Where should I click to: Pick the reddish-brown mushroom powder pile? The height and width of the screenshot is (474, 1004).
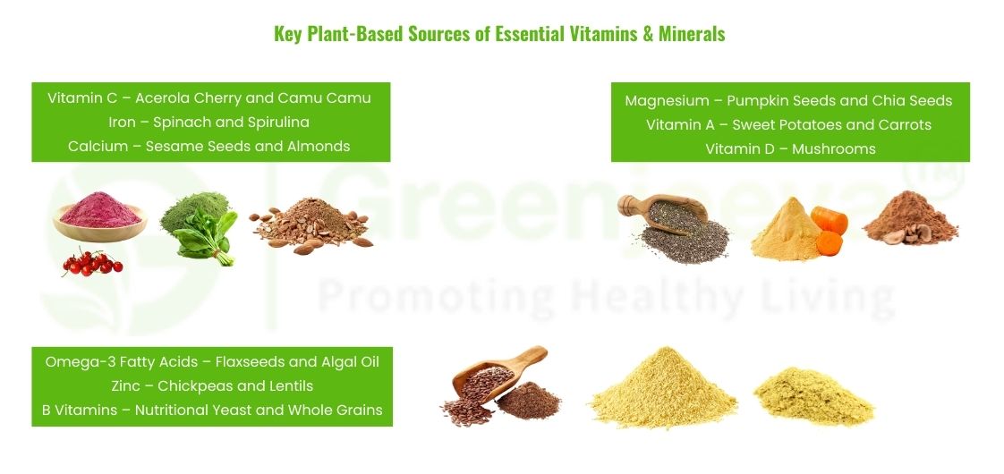[910, 216]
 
